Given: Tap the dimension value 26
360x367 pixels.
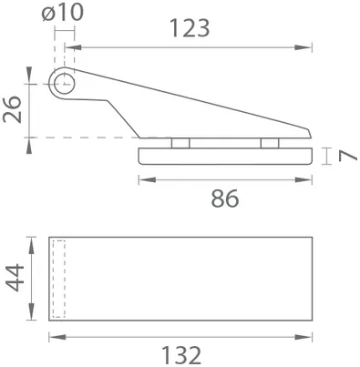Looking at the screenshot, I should click(15, 111).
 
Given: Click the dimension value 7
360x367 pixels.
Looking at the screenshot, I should click(344, 156).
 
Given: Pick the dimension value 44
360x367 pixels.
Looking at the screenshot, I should click(14, 278).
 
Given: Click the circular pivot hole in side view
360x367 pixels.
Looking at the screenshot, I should click(63, 84).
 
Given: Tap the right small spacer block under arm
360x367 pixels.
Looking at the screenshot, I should click(269, 143).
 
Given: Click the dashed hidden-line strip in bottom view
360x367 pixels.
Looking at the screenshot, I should click(59, 278).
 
